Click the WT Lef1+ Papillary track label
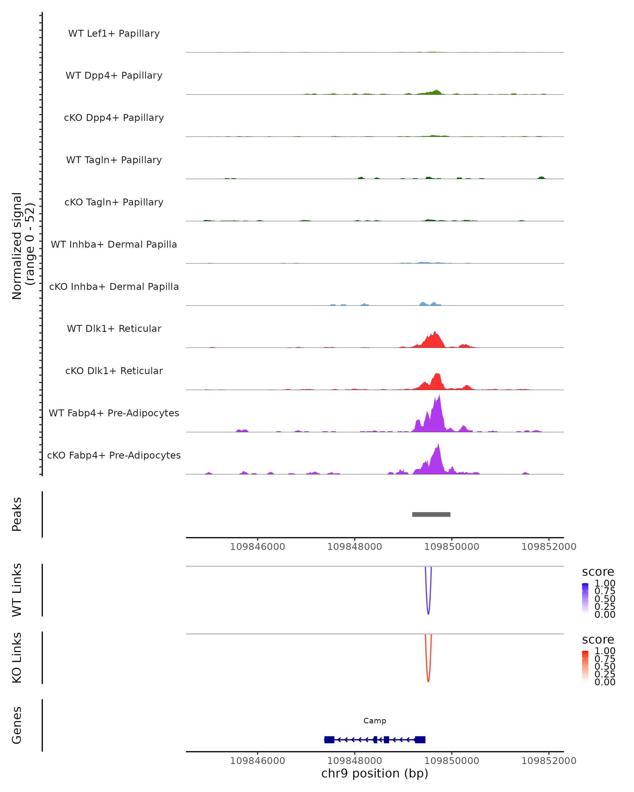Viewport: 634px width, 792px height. click(x=114, y=34)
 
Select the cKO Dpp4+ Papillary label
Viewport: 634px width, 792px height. click(x=114, y=118)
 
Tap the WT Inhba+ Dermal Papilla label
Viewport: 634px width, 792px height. click(x=114, y=245)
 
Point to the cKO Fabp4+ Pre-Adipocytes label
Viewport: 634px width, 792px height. click(x=114, y=455)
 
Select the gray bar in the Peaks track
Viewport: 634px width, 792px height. click(x=431, y=515)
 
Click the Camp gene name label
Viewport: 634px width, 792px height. click(x=375, y=721)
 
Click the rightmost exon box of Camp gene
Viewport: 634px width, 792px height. click(x=420, y=739)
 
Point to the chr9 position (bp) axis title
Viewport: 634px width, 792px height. click(x=375, y=774)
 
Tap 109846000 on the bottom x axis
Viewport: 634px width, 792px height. click(x=257, y=761)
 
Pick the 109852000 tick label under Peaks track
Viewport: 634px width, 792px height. click(x=549, y=547)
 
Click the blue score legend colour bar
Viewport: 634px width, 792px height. click(x=585, y=598)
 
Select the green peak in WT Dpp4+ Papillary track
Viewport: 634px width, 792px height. click(x=436, y=92)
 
